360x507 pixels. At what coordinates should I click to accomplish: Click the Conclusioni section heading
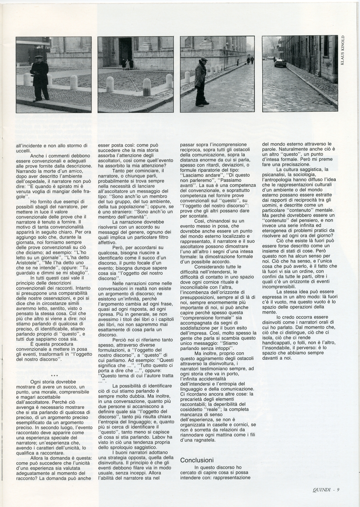coord(197,460)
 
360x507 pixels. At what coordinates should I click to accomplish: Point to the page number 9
coord(338,490)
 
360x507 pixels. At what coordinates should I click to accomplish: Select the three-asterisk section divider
coord(54,376)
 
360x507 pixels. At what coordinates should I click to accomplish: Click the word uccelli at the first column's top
coord(24,150)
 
